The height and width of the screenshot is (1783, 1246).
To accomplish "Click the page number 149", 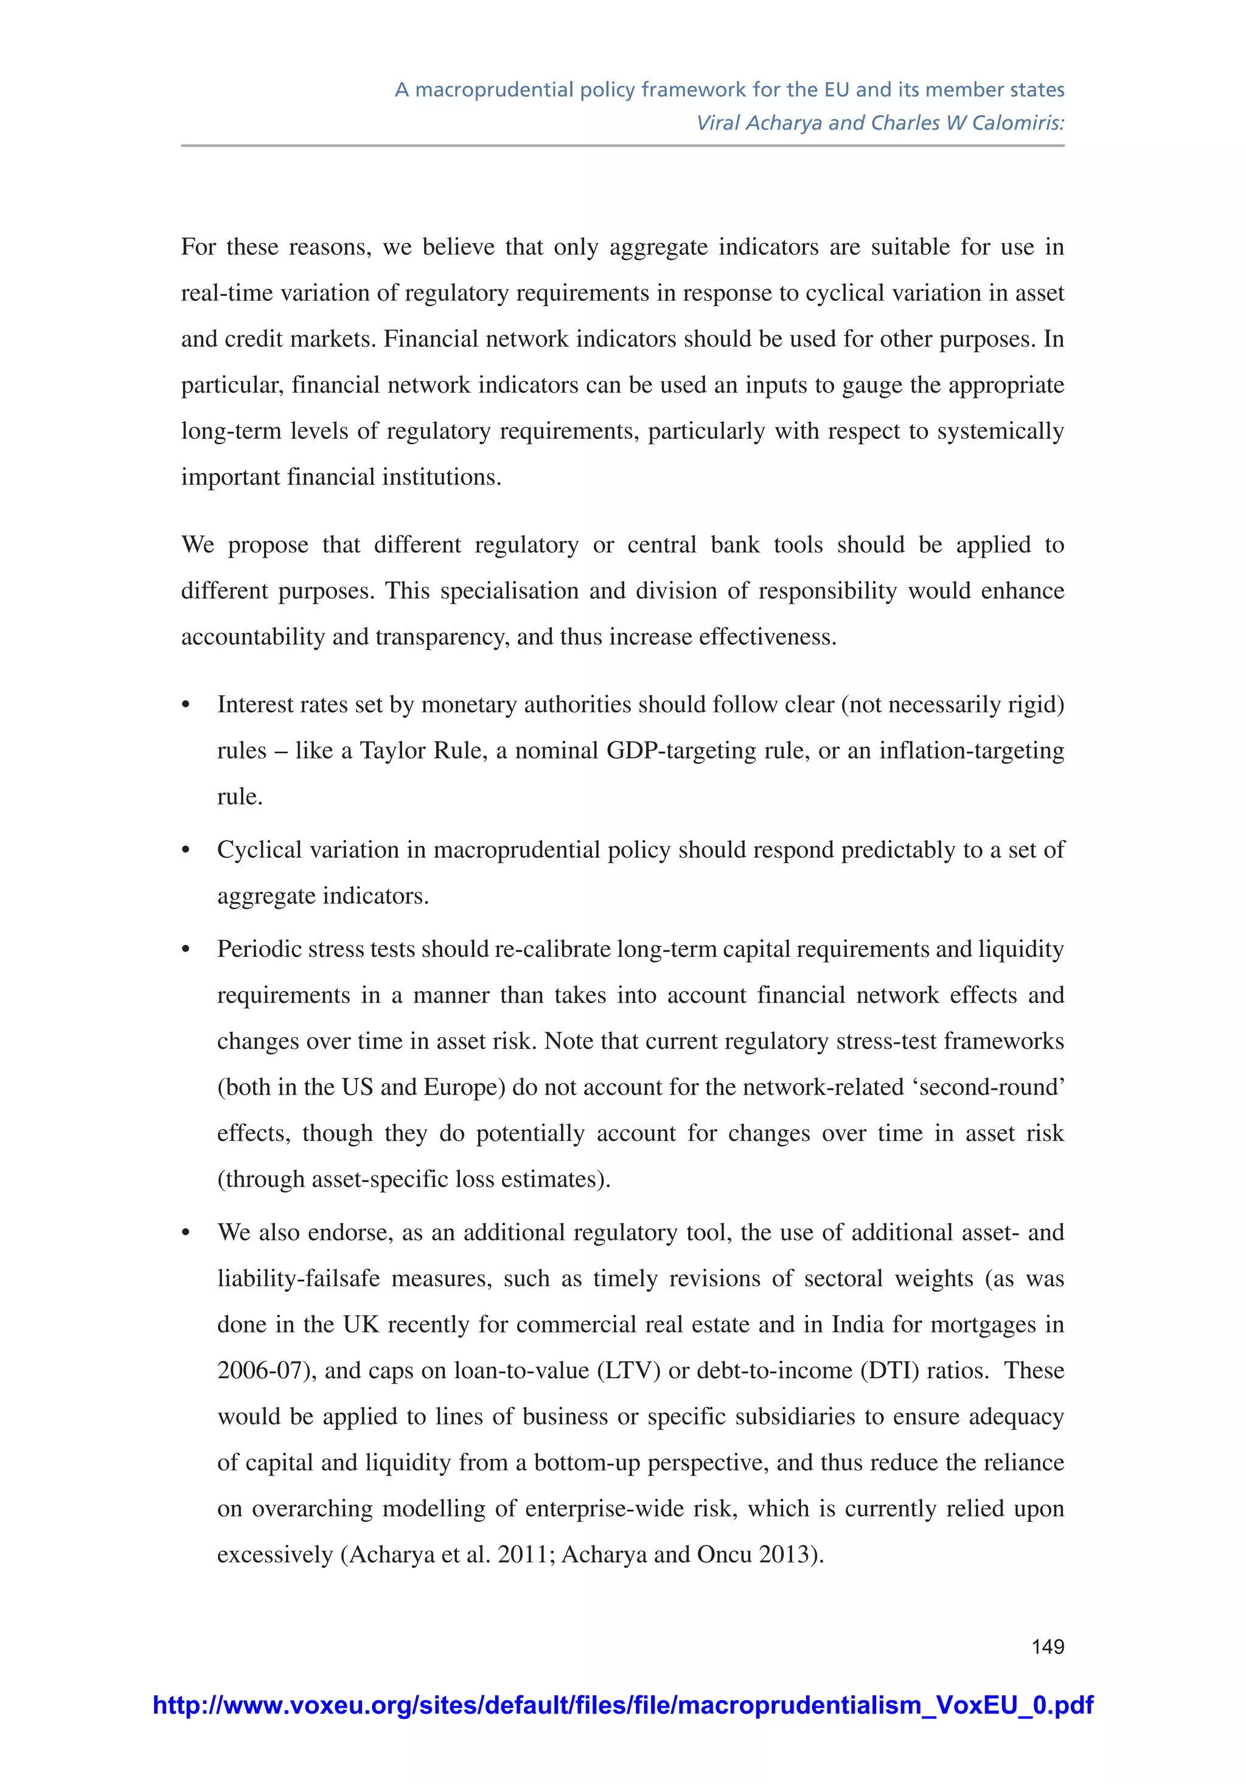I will tap(1047, 1646).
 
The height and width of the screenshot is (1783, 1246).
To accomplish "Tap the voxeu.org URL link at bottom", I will tap(622, 1705).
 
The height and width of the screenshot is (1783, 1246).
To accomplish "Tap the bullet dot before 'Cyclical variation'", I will tap(186, 851).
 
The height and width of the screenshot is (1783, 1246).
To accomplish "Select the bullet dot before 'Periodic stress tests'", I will tap(186, 950).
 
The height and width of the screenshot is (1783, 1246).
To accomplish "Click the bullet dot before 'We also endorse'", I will tap(186, 1234).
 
